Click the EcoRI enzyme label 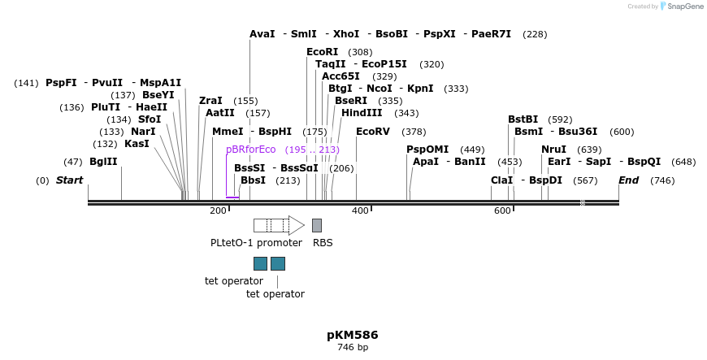322,52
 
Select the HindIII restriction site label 362,113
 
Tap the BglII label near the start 103,162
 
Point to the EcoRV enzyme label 373,132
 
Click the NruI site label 553,150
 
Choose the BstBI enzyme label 523,119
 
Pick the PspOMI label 427,150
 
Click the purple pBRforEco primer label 251,150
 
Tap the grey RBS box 317,225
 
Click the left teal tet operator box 260,263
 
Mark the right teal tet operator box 278,263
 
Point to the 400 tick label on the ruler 360,211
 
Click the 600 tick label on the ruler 502,211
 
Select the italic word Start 69,180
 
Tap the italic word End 629,180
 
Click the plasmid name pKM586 353,335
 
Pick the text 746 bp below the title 353,348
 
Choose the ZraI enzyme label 210,101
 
